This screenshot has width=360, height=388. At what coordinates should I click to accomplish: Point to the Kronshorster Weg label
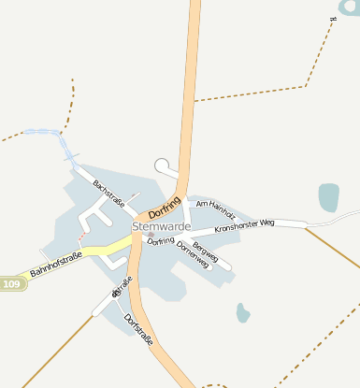click(x=244, y=225)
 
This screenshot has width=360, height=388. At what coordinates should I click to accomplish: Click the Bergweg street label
click(x=205, y=251)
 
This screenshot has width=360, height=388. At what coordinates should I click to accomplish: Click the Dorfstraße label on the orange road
click(x=137, y=326)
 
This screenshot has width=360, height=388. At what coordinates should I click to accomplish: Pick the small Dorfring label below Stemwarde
click(x=161, y=241)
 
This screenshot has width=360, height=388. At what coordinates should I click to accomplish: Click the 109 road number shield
click(x=10, y=283)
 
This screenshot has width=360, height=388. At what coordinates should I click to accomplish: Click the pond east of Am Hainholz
click(x=328, y=196)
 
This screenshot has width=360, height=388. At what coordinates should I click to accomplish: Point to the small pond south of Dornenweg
click(x=243, y=312)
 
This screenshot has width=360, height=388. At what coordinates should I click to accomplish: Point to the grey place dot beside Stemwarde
click(x=150, y=235)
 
